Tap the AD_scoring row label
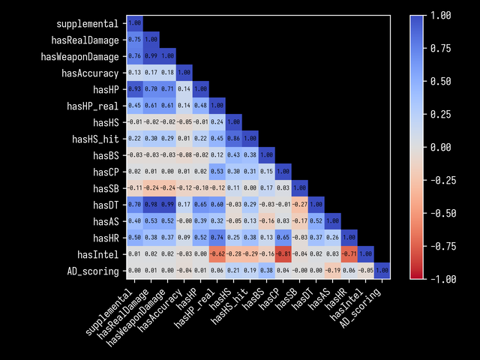coord(92,271)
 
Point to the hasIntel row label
coord(97,254)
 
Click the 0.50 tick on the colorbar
coord(446,81)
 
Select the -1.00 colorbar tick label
coord(444,279)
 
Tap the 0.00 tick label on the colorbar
coord(446,147)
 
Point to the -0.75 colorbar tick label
coord(444,246)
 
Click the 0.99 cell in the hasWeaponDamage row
coord(151,56)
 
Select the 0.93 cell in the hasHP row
coord(134,89)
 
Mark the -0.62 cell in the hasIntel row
coord(217,254)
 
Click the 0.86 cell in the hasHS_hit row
coord(233,139)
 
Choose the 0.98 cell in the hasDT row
coord(151,205)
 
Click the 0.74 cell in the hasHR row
coord(217,238)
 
